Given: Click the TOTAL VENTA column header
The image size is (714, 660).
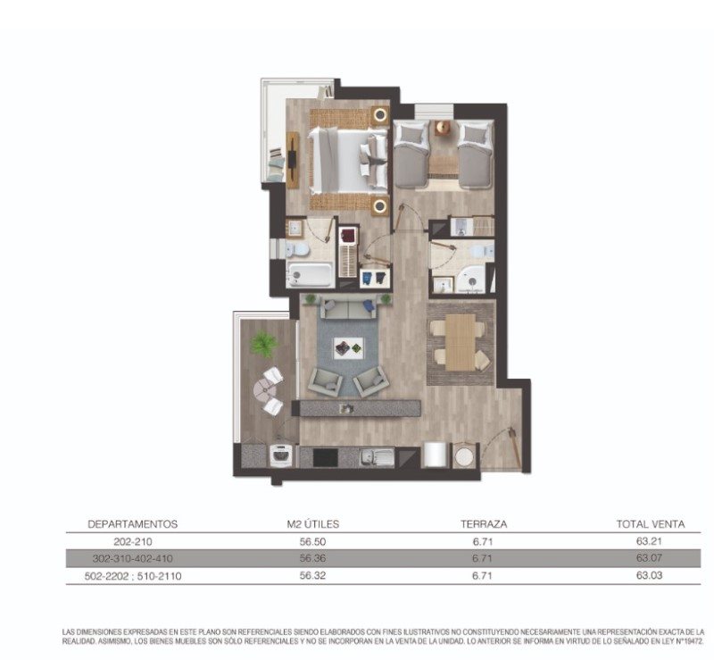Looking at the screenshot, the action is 651,524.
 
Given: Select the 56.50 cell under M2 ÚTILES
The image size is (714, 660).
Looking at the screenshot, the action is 312,542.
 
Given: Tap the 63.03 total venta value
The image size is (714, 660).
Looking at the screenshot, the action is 649,575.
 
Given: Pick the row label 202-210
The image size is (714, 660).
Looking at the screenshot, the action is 132,542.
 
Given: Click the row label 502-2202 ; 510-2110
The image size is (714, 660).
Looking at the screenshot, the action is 133,576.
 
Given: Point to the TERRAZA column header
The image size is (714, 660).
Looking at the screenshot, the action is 484,524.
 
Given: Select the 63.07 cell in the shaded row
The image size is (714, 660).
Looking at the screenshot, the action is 649,558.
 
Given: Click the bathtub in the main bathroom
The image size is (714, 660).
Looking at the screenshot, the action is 310,275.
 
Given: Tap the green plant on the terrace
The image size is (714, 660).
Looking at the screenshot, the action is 263,344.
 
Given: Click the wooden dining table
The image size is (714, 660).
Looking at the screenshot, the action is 460,342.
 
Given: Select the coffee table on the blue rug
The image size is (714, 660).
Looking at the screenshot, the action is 348,348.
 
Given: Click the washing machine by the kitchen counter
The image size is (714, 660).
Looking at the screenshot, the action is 280,455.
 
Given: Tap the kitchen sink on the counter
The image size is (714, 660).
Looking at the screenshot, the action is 378,457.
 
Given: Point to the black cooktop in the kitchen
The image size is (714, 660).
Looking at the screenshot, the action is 326,457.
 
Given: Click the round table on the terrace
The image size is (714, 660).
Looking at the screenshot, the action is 264,390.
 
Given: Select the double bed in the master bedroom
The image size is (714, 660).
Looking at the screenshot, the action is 348,161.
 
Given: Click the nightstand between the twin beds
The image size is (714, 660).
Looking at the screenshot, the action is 443,127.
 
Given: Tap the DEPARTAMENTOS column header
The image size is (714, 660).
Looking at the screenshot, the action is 132,524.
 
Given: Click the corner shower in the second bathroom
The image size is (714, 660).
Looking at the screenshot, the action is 472,280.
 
